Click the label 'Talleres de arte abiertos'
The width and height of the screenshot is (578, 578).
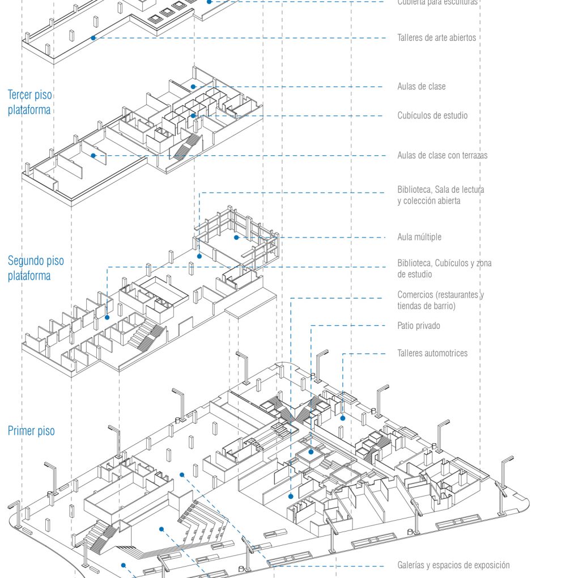tap(436, 38)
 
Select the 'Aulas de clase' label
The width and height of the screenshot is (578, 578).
tap(421, 87)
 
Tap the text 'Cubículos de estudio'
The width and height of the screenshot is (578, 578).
tap(432, 116)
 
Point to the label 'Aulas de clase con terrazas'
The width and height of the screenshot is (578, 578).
tap(442, 155)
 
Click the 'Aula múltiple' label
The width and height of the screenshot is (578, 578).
tap(419, 237)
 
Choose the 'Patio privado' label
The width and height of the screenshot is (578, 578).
tap(418, 326)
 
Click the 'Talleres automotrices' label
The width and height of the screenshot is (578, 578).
tap(432, 353)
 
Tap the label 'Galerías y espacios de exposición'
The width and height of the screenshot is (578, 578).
tap(453, 565)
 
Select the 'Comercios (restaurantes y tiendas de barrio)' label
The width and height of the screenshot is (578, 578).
tap(440, 300)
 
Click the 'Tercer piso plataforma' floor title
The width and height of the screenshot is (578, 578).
tap(29, 102)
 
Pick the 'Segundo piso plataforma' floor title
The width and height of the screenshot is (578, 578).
tap(36, 268)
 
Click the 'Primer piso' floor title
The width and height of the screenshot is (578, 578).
tap(31, 431)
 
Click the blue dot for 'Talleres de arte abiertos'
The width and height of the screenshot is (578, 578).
tap(93, 38)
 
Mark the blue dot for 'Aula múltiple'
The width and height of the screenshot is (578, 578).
tap(236, 237)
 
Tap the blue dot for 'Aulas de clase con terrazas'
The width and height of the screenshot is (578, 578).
tap(93, 155)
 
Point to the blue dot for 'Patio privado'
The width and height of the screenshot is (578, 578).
tap(311, 452)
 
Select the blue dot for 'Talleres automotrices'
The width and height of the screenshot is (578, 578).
tap(343, 418)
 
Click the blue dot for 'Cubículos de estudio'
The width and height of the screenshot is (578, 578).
tap(193, 116)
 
